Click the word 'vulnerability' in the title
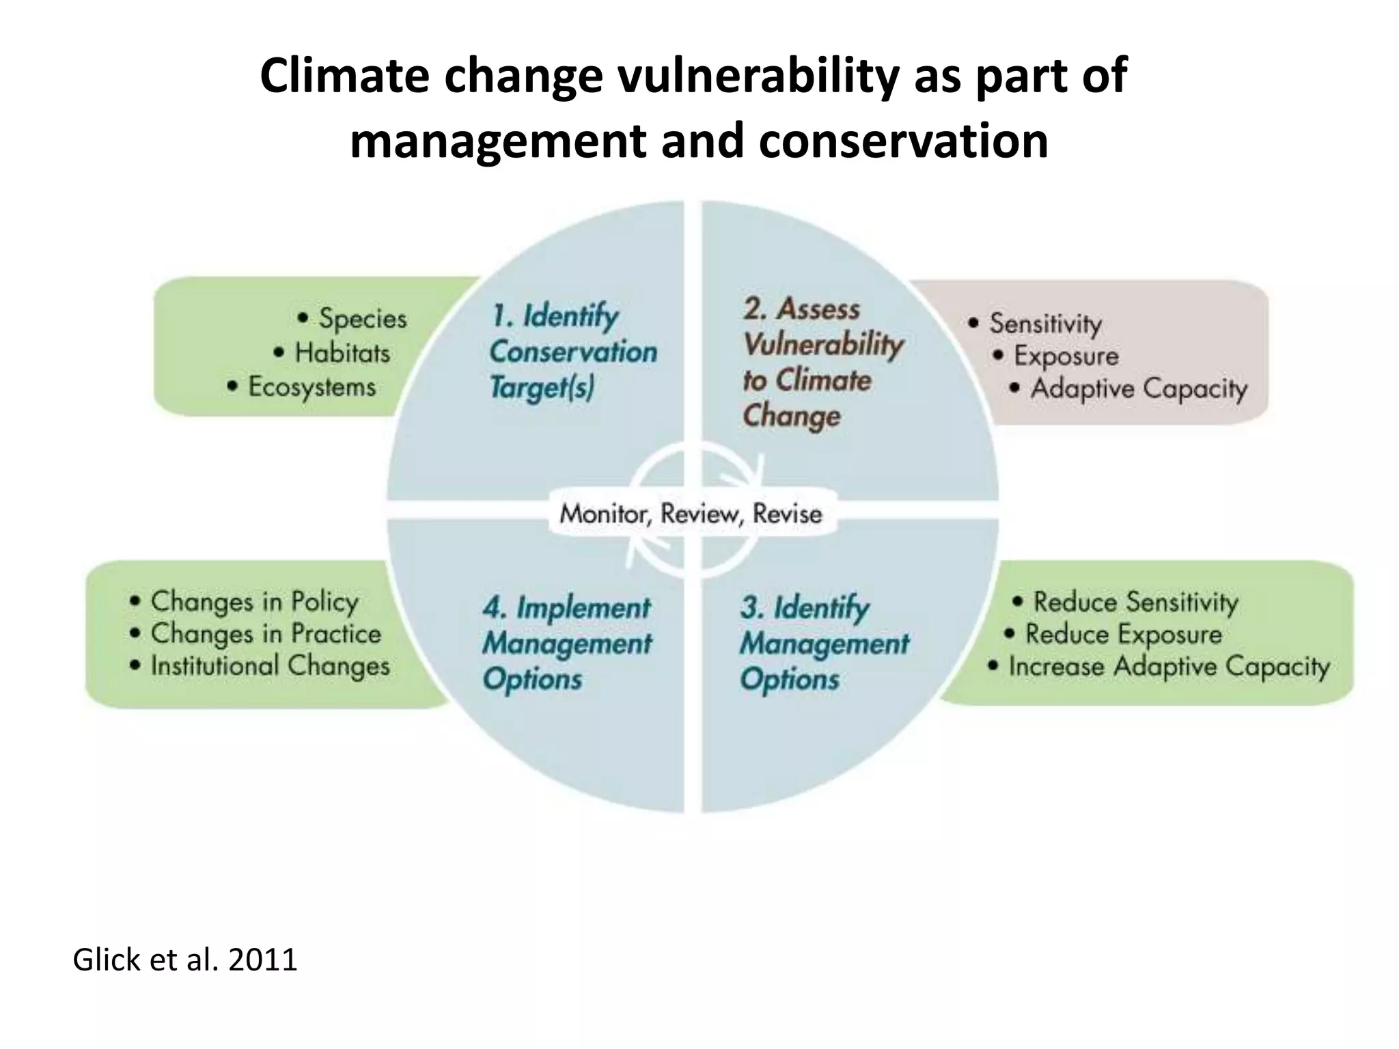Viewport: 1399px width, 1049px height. coord(760,76)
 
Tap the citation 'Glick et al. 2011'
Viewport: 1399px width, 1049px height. coord(184,960)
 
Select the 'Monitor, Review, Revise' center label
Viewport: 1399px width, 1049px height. coord(691,514)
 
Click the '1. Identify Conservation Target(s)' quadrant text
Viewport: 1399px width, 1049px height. coord(572,352)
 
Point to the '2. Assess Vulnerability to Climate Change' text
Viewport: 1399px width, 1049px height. coord(822,363)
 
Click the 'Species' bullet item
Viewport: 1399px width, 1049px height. coord(361,319)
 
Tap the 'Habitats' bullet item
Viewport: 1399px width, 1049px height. coord(342,353)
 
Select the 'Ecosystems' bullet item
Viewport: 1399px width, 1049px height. coord(311,387)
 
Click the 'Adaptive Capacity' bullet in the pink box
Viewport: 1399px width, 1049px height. coord(1138,389)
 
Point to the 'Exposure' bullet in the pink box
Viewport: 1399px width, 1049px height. coord(1066,356)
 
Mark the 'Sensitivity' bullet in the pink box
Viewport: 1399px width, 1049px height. coord(1044,323)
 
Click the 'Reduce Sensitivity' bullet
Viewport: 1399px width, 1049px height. coord(1135,602)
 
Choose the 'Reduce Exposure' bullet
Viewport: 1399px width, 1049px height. coord(1122,634)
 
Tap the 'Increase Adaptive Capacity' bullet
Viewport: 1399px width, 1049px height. coord(1168,667)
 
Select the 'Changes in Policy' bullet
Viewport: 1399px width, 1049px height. coord(253,602)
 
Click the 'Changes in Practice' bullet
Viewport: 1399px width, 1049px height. coord(265,634)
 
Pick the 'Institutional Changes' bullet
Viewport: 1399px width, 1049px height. coord(269,666)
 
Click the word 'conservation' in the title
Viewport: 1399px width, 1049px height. coord(903,141)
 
